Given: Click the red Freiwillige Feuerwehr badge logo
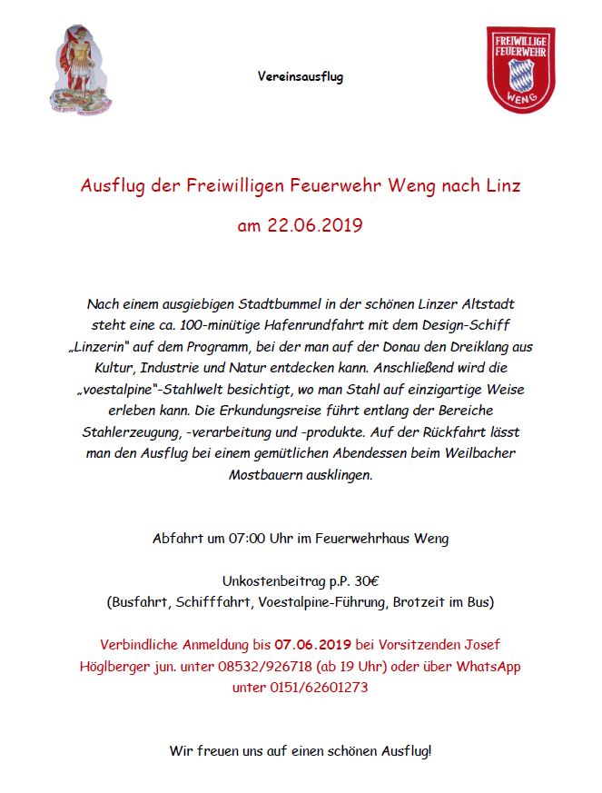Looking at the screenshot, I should pyautogui.click(x=520, y=71).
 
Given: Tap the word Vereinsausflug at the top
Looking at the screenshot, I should pyautogui.click(x=301, y=77).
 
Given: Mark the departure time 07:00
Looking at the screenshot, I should pyautogui.click(x=246, y=539).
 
